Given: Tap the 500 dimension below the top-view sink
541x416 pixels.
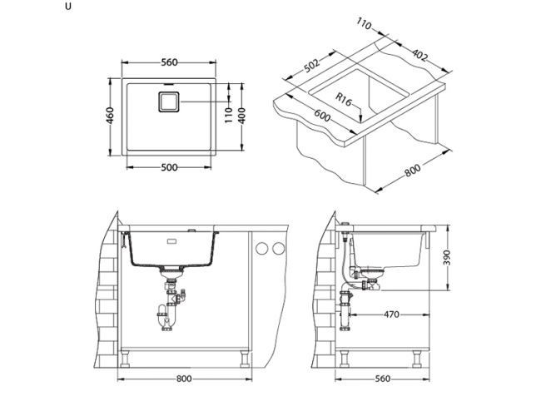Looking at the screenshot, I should tap(170, 167).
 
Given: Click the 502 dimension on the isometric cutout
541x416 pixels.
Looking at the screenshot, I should tap(313, 67).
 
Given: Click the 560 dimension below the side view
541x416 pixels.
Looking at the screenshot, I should tap(383, 379).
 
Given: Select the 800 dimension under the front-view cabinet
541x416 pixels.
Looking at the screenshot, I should tap(184, 379).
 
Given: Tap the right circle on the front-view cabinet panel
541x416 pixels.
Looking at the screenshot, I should tap(275, 248).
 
